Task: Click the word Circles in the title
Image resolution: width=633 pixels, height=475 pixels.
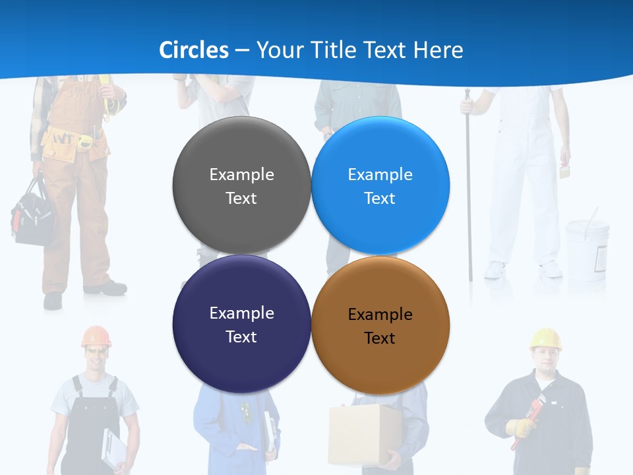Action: (x=194, y=50)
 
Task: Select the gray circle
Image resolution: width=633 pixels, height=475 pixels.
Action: (x=241, y=185)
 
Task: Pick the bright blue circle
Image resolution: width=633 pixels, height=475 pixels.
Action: (x=380, y=185)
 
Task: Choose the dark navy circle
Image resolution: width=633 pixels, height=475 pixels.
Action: (x=241, y=324)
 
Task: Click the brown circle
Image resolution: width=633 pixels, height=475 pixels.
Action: (x=380, y=325)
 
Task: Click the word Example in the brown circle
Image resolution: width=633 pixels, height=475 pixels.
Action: (x=380, y=315)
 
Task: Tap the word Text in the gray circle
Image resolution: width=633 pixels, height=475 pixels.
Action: (x=241, y=198)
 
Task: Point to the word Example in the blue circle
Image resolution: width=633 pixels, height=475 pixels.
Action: (x=380, y=175)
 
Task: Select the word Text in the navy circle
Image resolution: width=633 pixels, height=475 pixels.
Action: (x=241, y=336)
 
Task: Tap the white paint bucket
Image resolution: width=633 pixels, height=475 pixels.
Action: (x=586, y=247)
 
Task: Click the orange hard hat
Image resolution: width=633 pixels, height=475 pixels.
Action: (x=96, y=336)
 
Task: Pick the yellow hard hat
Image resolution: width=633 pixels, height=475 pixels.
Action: (x=545, y=338)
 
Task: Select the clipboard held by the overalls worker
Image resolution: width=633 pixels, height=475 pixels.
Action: (x=113, y=449)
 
